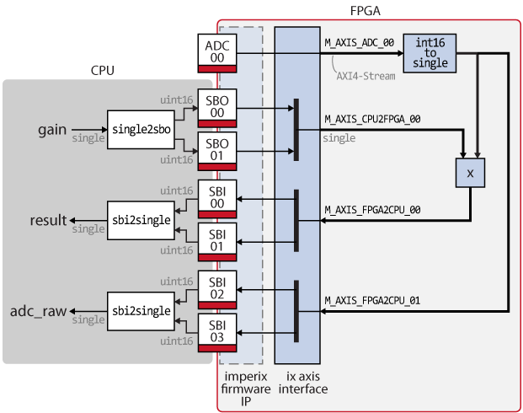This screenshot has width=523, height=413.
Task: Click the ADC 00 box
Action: pos(217,53)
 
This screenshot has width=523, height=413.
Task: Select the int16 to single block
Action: pos(430,53)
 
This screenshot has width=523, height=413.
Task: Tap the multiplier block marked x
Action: pos(470,173)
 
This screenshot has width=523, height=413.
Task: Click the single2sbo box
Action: pos(141,130)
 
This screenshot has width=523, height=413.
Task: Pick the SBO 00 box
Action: pos(217,108)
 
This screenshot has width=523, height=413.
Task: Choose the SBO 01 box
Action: pos(217,151)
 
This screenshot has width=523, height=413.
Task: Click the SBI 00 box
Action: pos(217,199)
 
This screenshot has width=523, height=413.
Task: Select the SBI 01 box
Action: pos(217,242)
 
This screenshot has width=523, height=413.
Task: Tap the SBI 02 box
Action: pos(217,290)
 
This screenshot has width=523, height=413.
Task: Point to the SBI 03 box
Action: pos(217,333)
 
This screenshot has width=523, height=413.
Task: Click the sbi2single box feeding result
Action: pos(141,220)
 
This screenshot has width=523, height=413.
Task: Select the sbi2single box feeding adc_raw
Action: pos(141,311)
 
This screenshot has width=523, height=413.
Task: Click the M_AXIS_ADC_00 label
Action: pos(360,43)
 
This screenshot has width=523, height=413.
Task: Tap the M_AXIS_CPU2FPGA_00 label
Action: pos(372,119)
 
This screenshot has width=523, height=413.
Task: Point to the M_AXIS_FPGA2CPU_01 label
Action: pos(372,301)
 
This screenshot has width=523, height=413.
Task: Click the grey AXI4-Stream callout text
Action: pos(366,76)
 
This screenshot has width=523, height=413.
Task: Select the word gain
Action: pos(52,130)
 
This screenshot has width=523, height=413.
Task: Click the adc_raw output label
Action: pos(39,311)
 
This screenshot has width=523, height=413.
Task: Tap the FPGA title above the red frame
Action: pos(366,11)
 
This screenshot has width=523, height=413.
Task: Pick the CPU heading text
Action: pos(103,71)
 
